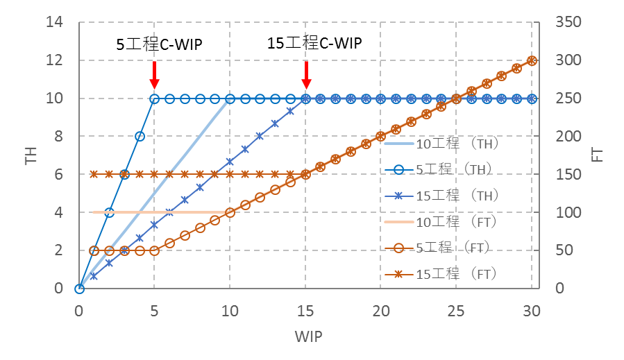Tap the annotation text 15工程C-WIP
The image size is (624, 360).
coord(314,43)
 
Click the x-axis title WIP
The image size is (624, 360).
coord(307,336)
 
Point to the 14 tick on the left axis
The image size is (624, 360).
coord(54,22)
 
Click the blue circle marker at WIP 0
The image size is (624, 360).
coord(79,289)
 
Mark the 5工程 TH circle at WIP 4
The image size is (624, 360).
coord(140,137)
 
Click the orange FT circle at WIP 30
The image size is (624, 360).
coord(532,60)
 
